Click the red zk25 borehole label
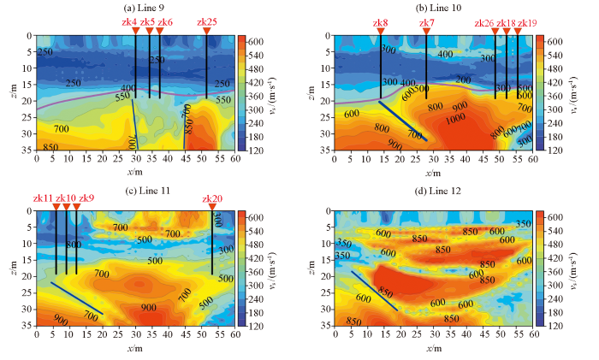coord(206,21)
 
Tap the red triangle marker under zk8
coord(381,32)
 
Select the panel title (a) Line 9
coord(134,7)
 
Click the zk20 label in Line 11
coord(211,198)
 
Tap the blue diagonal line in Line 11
coord(77,298)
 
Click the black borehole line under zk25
coord(206,68)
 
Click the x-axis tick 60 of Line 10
coord(533,158)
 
